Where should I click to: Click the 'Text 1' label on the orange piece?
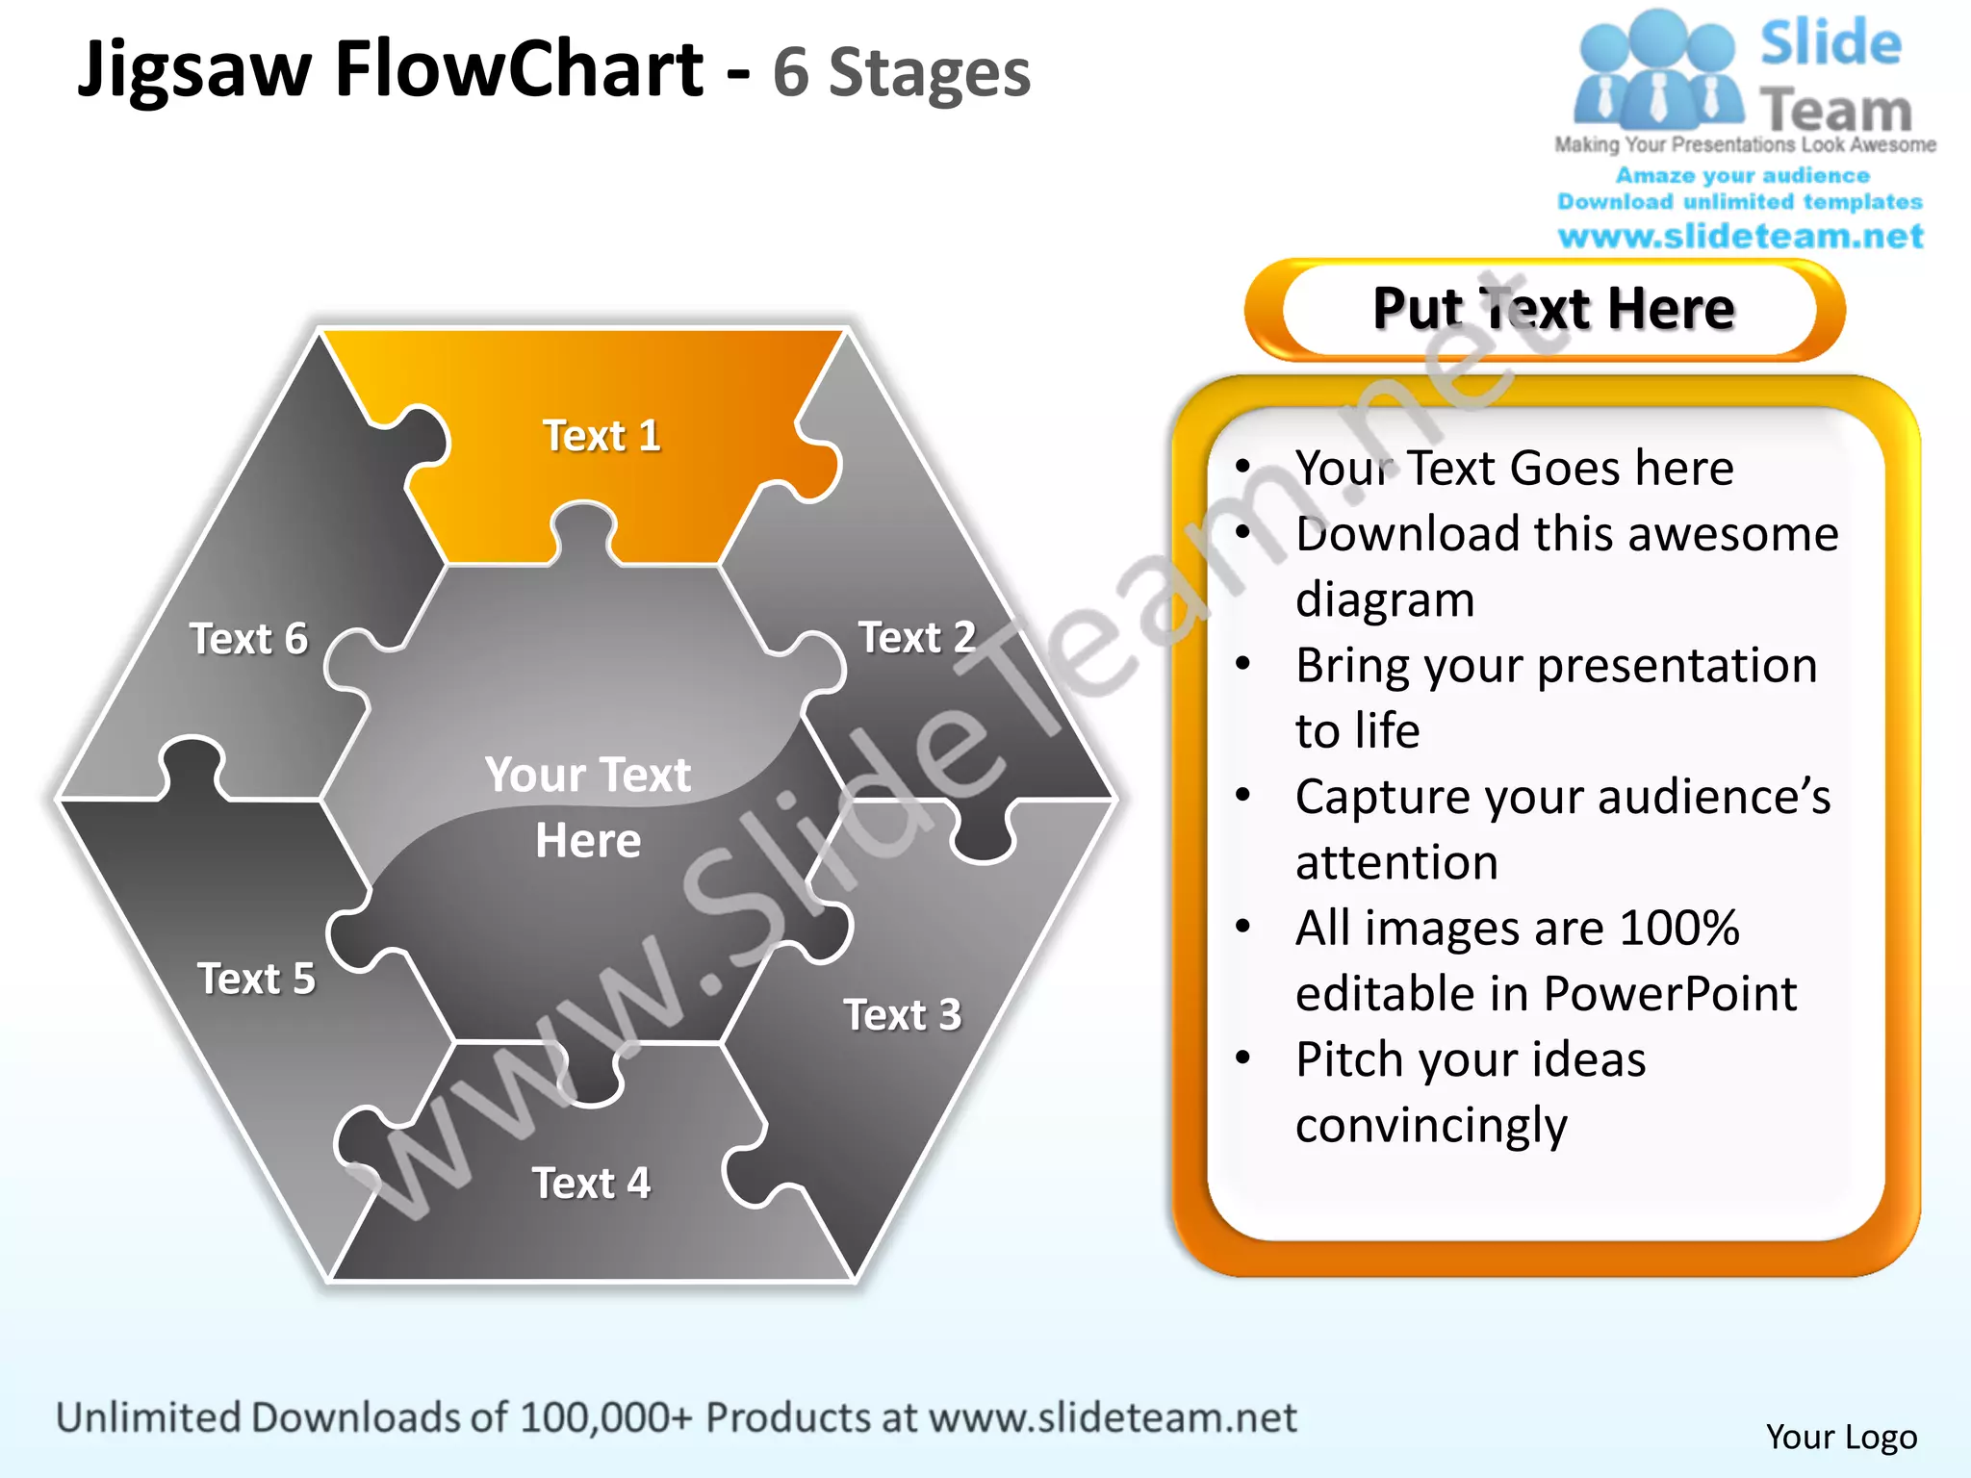[602, 436]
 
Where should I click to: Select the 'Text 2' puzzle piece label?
[917, 638]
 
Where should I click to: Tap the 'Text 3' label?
[903, 1015]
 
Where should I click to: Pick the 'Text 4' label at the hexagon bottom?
[591, 1184]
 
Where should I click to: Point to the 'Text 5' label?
[256, 979]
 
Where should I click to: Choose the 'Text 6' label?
[248, 639]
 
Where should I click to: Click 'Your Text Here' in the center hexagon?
[588, 807]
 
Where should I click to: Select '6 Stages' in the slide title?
[901, 73]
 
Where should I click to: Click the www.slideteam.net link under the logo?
[1740, 237]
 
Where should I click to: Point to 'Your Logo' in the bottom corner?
[1841, 1437]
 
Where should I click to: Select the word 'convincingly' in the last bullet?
[1431, 1125]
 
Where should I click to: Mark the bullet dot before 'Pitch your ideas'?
[1243, 1058]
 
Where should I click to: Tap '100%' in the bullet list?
[1679, 928]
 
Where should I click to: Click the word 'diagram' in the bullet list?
[1385, 599]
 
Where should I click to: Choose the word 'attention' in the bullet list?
[1396, 862]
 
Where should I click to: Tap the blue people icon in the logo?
[1657, 72]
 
